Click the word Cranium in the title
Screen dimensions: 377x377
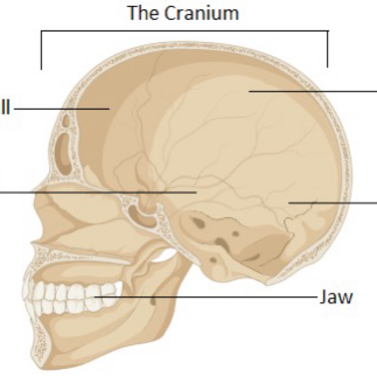coord(202,13)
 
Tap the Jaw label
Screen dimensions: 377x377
coord(336,297)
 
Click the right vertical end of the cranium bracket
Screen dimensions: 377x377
coord(328,49)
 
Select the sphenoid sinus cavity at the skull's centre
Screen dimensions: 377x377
coord(141,216)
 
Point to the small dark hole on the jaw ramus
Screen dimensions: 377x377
coord(153,301)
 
